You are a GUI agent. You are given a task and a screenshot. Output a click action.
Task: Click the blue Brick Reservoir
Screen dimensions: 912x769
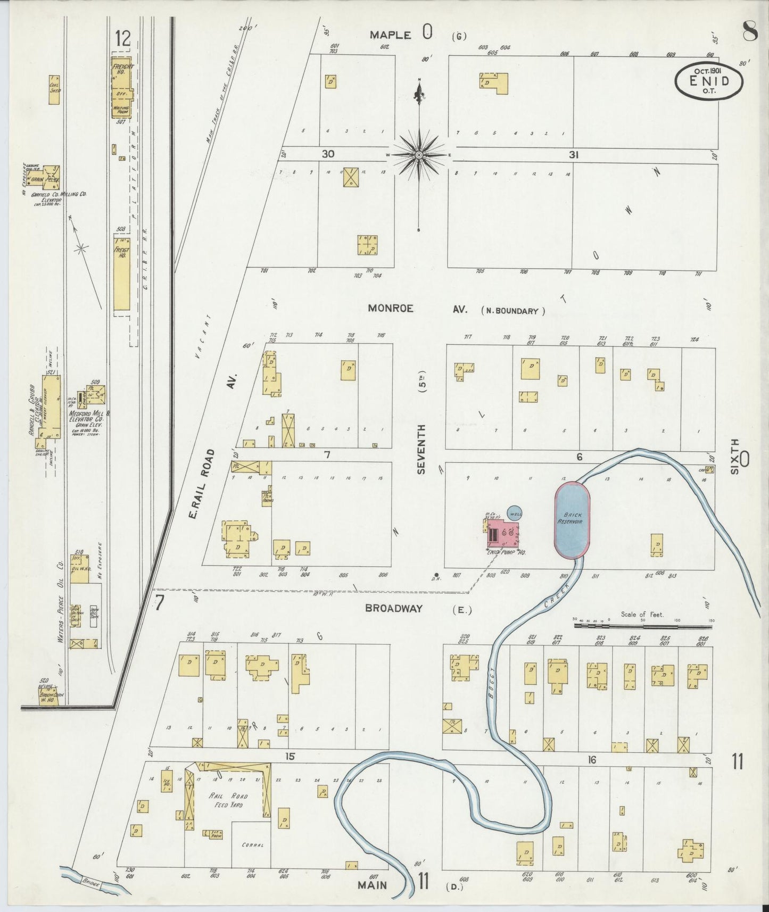[x=572, y=520]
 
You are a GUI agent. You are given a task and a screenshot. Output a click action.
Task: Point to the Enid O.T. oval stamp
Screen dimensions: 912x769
[x=709, y=82]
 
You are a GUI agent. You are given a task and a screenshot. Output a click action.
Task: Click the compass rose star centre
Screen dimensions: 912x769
[x=419, y=155]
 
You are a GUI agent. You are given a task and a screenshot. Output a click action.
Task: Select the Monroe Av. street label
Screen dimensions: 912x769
[x=391, y=309]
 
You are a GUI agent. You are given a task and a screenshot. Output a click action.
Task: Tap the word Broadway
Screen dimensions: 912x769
[x=394, y=609]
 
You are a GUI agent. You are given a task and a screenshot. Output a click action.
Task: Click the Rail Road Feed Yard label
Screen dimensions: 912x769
[x=228, y=801]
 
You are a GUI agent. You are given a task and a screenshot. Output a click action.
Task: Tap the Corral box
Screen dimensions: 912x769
[x=252, y=845]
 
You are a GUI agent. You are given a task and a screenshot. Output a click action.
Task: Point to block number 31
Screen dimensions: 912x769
[x=573, y=155]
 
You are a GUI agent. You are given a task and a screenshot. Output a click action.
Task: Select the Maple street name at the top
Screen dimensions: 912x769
[x=391, y=35]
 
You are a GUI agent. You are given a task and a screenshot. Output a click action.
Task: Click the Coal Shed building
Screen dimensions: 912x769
[x=54, y=89]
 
